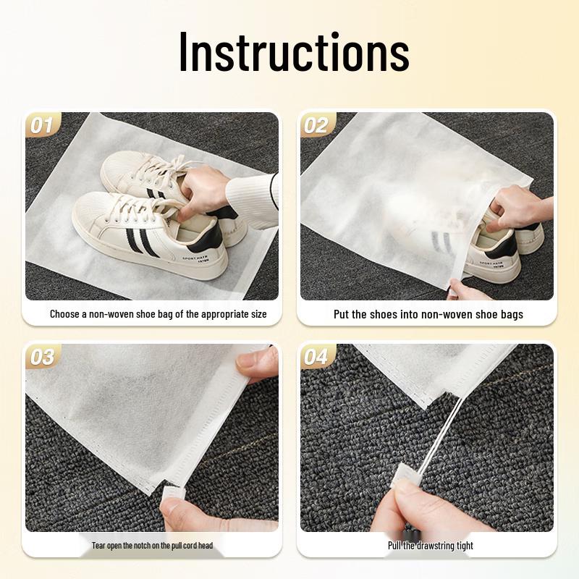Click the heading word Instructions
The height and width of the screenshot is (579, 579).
pyautogui.click(x=294, y=52)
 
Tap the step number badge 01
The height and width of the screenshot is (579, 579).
pyautogui.click(x=42, y=125)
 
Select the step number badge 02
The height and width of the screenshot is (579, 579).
pyautogui.click(x=316, y=125)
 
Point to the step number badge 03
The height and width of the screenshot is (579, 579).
pyautogui.click(x=42, y=357)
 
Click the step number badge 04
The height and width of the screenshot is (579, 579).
pyautogui.click(x=316, y=357)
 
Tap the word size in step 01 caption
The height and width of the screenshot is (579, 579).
pyautogui.click(x=256, y=314)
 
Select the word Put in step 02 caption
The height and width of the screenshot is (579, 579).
pyautogui.click(x=342, y=314)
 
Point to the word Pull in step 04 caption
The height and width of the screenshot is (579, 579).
pyautogui.click(x=396, y=545)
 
